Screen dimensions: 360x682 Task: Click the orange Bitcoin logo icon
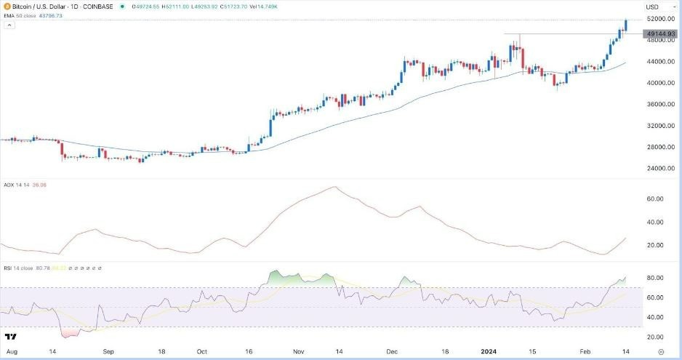pos(7,7)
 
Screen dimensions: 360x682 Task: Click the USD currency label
pos(652,7)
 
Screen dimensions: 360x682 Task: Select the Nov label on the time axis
pos(297,351)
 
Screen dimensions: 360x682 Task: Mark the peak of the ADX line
pos(334,187)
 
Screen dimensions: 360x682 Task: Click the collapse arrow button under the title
pos(9,25)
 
